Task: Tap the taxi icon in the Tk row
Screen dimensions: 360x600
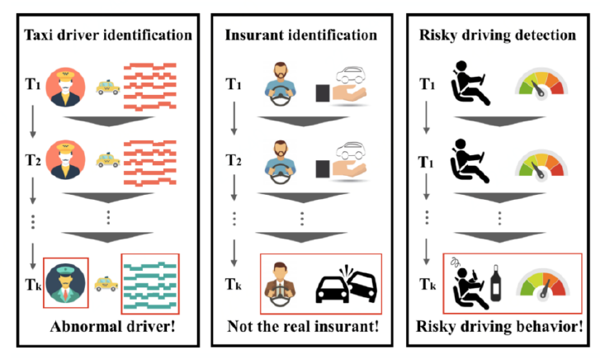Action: point(106,284)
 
